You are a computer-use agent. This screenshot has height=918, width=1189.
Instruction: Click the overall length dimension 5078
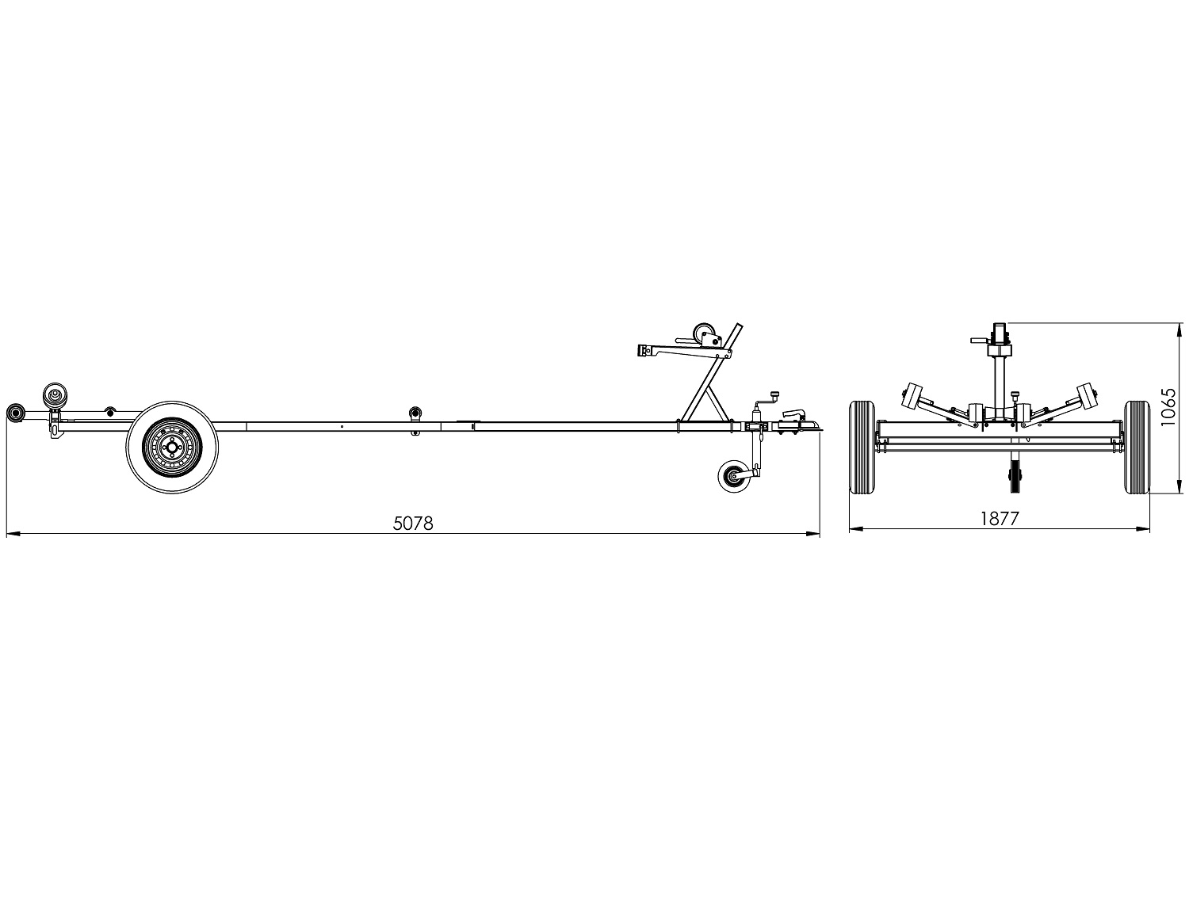pyautogui.click(x=413, y=524)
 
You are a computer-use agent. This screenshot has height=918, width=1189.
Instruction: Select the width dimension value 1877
pyautogui.click(x=999, y=518)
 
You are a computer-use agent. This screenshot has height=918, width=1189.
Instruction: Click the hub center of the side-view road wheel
pyautogui.click(x=172, y=448)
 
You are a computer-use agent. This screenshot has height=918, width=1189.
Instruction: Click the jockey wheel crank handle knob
pyautogui.click(x=774, y=394)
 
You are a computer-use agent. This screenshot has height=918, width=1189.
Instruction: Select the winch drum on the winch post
pyautogui.click(x=704, y=334)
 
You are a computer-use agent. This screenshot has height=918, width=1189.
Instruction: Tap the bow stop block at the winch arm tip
pyautogui.click(x=643, y=350)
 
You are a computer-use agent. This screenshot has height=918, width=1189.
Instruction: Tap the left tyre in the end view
pyautogui.click(x=862, y=448)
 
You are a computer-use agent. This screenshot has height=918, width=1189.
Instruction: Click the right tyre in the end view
pyautogui.click(x=1137, y=448)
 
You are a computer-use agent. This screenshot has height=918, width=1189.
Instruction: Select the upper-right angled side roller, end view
pyautogui.click(x=1086, y=394)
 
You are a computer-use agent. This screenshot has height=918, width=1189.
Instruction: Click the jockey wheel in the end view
pyautogui.click(x=1015, y=478)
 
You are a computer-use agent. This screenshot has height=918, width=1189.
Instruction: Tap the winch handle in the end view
pyautogui.click(x=978, y=340)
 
